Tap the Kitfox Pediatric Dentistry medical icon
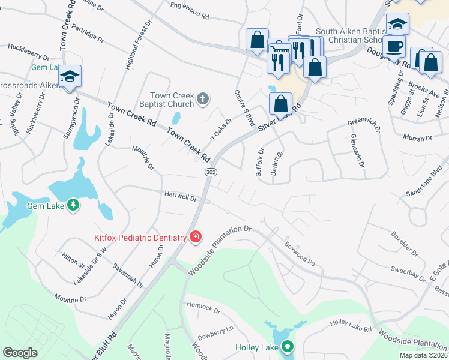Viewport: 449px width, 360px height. pyautogui.click(x=195, y=238)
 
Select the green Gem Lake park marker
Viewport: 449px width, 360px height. pyautogui.click(x=73, y=206)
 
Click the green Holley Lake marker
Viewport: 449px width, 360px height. pyautogui.click(x=288, y=346)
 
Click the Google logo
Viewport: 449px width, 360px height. pyautogui.click(x=20, y=353)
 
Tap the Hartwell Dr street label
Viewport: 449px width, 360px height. pyautogui.click(x=181, y=196)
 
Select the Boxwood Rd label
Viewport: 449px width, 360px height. pyautogui.click(x=300, y=253)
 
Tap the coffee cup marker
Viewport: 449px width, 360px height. pyautogui.click(x=395, y=46)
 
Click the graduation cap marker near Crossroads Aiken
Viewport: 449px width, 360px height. pyautogui.click(x=70, y=76)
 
